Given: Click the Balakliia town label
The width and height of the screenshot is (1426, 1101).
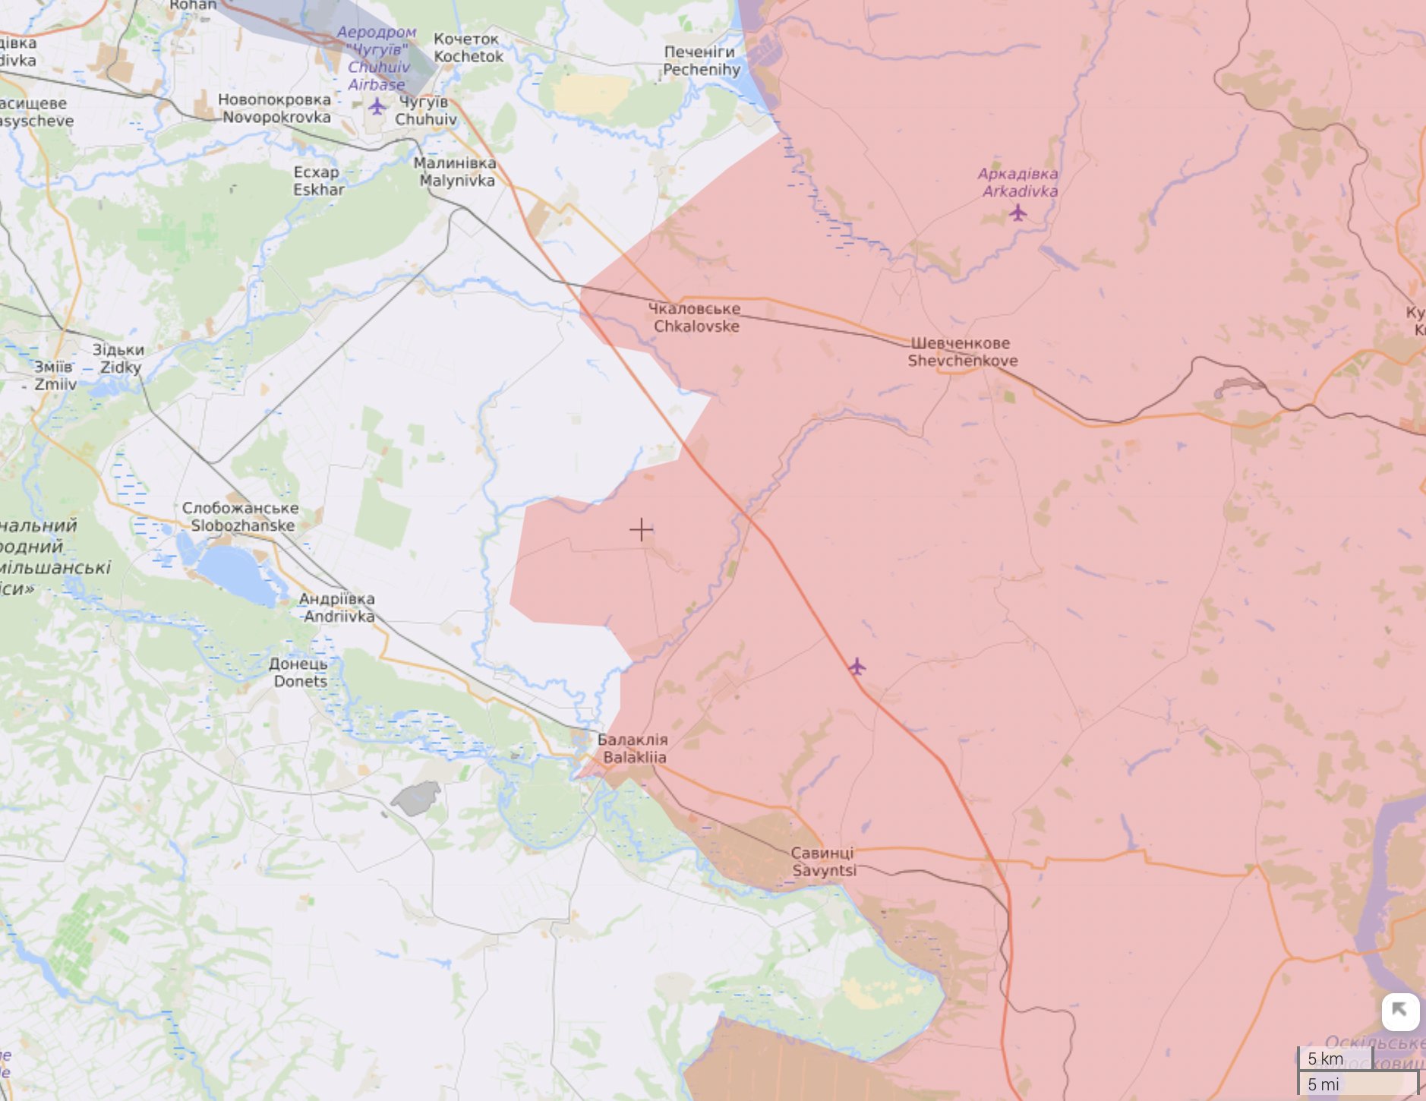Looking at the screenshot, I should (x=633, y=749).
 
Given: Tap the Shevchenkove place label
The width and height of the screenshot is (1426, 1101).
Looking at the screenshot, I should (x=962, y=352).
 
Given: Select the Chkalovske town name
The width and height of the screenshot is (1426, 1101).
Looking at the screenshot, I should (x=695, y=317).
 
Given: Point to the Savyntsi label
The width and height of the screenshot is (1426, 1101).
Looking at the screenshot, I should (x=823, y=862).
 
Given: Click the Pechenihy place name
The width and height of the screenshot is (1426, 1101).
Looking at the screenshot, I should (x=701, y=61).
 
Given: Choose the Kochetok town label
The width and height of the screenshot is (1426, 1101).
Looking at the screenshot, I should (x=468, y=47).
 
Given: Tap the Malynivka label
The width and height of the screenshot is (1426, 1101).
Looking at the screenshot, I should (x=456, y=172).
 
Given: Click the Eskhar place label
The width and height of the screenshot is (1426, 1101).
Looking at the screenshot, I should (x=318, y=181).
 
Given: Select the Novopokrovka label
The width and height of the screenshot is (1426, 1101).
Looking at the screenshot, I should (x=275, y=109).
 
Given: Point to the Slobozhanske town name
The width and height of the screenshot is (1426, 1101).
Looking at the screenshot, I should (x=241, y=517).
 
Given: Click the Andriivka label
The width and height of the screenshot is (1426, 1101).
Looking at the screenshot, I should (x=337, y=607).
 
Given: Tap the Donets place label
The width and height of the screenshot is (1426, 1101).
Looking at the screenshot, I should (x=299, y=673).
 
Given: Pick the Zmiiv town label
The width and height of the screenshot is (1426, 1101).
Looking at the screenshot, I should (x=55, y=375).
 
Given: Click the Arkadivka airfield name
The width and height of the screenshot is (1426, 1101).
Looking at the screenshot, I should (x=1018, y=182).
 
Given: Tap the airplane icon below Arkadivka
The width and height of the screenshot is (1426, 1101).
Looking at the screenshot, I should (x=1017, y=213).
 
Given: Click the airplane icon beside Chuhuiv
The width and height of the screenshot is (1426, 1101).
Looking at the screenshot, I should (x=377, y=106).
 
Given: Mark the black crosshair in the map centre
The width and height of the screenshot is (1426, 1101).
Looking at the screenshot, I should (x=642, y=529).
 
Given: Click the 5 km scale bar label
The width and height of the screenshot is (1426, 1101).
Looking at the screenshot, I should (x=1325, y=1058).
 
